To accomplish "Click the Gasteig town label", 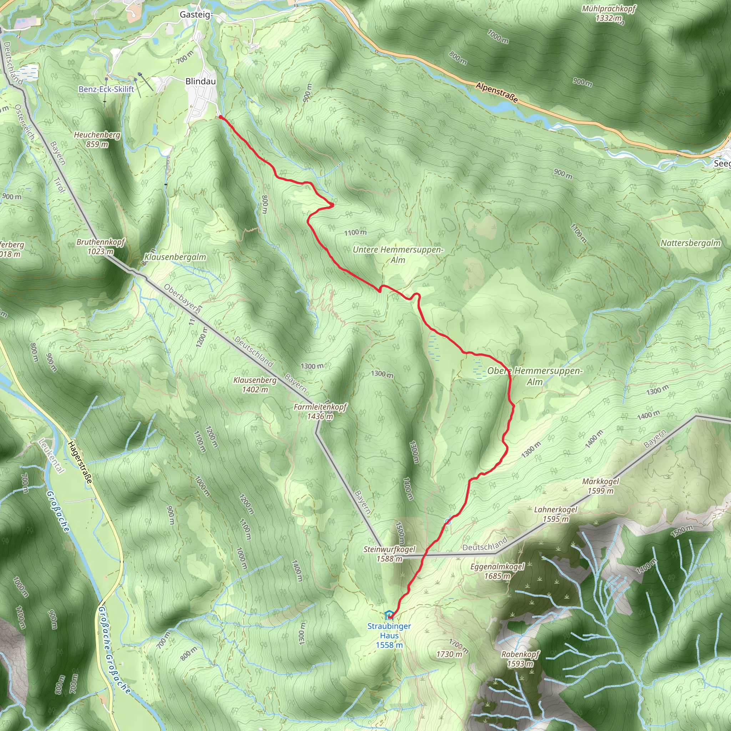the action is point(195,15).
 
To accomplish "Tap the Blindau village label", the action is point(201,81).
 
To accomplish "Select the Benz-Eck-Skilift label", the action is point(106,89).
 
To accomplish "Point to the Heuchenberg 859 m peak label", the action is point(97,139).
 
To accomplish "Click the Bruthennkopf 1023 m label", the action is point(100,246).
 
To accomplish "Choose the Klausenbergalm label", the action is point(175,257).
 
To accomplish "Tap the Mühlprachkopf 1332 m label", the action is point(609,13).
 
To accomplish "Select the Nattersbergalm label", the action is point(691,243).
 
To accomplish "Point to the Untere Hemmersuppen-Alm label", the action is point(398,254).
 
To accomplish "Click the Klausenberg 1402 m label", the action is point(255,384).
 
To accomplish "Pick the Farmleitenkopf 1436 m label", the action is point(320,412).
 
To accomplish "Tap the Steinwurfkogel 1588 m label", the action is point(389,554).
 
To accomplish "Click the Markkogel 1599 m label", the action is point(600,486).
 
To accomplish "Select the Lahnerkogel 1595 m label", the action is point(555,514).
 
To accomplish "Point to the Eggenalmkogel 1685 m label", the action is point(497,571).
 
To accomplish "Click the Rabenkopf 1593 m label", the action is point(520,659).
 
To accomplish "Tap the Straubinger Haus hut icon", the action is point(388,615).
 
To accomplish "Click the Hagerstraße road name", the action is point(80,462).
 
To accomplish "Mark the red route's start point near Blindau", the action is point(220,117).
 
